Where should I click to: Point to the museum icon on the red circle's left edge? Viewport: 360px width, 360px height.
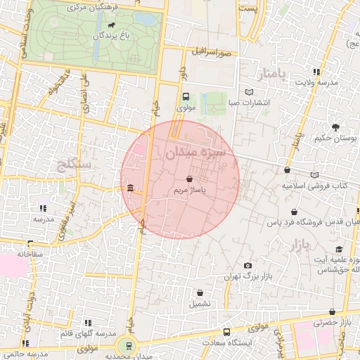(131, 188)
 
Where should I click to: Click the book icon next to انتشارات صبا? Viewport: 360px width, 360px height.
(249, 92)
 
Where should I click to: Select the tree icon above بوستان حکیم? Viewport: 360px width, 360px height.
(335, 128)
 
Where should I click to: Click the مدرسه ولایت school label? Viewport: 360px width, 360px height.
(316, 83)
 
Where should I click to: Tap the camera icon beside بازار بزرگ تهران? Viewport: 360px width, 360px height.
(247, 265)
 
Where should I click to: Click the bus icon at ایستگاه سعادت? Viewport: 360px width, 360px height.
(226, 332)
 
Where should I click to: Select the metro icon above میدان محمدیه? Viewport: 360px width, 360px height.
(127, 345)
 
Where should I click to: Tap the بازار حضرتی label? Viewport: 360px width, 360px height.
(336, 322)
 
